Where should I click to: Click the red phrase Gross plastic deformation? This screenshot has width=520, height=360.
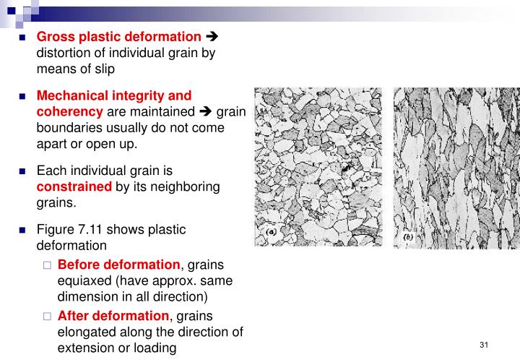coord(119,37)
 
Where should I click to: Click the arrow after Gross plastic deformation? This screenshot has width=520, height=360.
coord(212,37)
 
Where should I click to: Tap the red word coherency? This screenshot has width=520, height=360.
coord(70,111)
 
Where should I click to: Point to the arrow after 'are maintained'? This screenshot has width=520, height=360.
coord(206,111)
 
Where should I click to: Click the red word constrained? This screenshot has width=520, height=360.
coord(74,187)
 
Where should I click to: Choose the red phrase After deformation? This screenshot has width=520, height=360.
coord(113,316)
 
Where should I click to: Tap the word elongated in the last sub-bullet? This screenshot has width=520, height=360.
coord(85,332)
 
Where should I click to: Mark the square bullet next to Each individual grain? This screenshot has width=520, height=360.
coord(22,171)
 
